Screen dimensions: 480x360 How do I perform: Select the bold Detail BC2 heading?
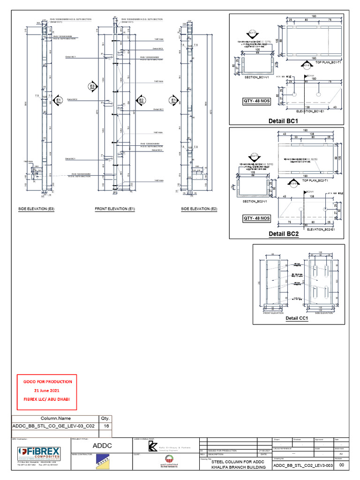[x=283, y=233]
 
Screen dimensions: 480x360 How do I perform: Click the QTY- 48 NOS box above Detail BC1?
[x=256, y=100]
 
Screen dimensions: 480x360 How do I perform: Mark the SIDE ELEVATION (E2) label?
[x=199, y=209]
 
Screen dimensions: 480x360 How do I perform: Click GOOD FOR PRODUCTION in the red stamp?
[x=48, y=382]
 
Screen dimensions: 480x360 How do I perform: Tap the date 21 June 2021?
[x=48, y=390]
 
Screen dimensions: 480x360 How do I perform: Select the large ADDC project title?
[x=102, y=445]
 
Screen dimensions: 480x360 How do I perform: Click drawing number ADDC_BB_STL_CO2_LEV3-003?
[x=303, y=465]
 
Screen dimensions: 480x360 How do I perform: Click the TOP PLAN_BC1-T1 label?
[x=330, y=62]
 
